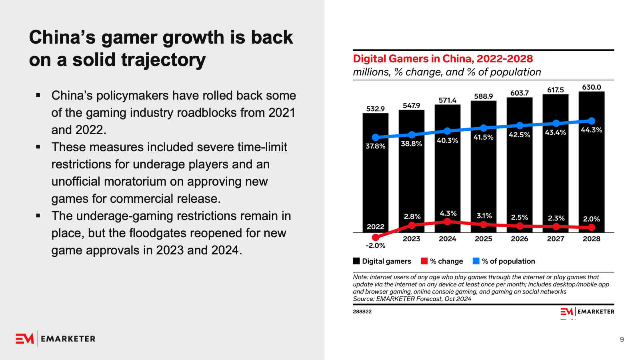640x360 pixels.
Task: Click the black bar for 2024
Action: point(447,176)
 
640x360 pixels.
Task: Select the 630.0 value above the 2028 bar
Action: point(591,87)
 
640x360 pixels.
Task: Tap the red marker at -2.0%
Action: point(375,238)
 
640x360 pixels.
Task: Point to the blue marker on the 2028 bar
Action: point(592,121)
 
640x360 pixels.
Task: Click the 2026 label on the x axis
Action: point(519,239)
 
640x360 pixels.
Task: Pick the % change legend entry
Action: point(442,261)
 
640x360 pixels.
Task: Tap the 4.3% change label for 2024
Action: point(448,214)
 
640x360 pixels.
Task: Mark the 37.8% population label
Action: point(375,146)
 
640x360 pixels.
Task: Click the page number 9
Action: point(622,340)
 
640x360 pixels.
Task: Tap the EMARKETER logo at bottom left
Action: point(56,339)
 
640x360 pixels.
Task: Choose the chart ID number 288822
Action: point(362,312)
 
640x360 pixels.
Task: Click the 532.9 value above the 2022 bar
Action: point(375,109)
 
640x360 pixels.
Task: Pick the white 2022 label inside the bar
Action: point(375,227)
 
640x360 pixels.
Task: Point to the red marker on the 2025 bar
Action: point(484,224)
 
